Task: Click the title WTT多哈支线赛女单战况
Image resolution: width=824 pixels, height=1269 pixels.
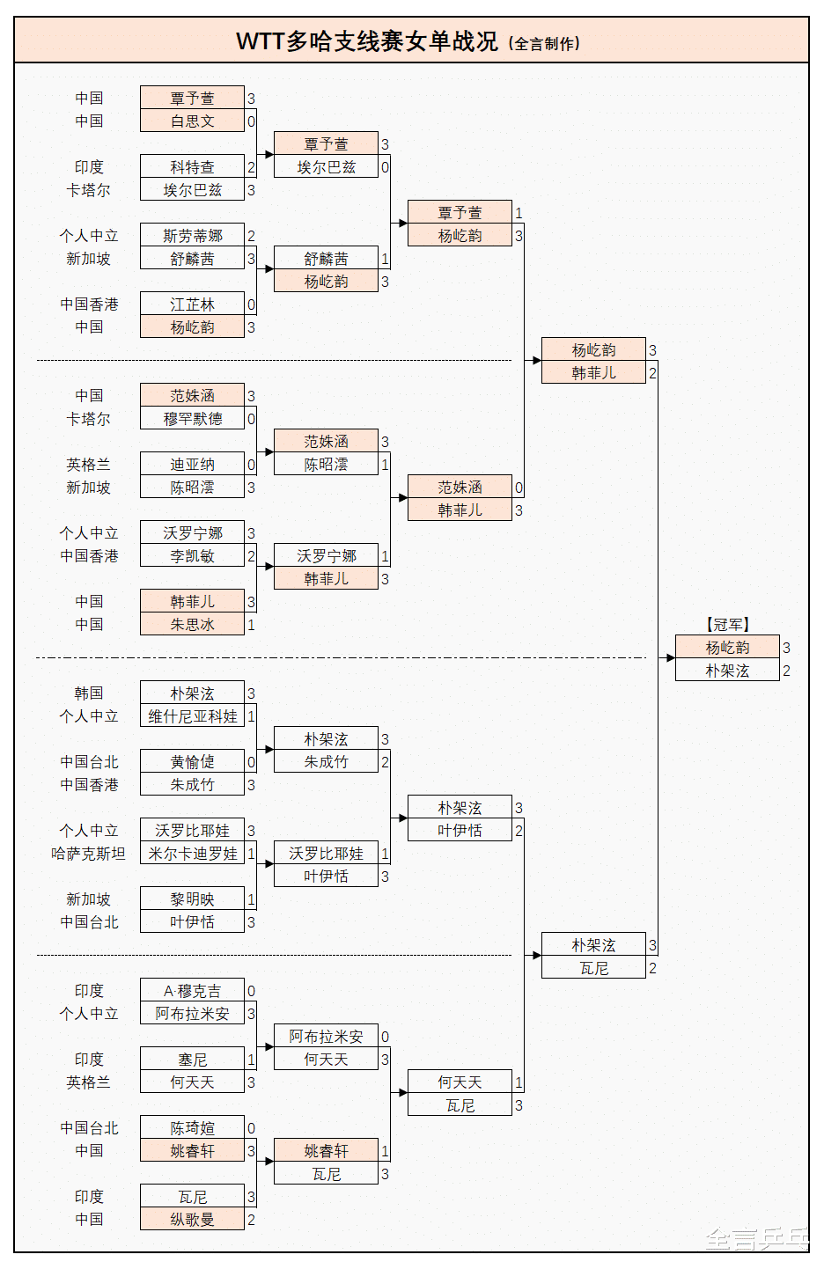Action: pos(367,41)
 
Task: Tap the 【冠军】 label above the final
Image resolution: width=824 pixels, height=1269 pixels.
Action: pos(727,624)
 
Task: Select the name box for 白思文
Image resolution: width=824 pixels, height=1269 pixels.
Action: pos(192,121)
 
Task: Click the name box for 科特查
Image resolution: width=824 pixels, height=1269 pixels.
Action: pos(192,166)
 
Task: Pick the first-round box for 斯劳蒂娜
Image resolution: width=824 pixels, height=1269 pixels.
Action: pos(192,235)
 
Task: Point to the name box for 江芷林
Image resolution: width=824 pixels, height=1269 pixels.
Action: pos(192,304)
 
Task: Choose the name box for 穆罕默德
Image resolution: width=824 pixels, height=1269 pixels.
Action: pos(192,418)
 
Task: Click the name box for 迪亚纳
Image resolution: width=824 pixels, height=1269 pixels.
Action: pos(192,464)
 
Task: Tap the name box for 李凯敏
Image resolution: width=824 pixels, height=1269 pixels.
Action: pos(192,555)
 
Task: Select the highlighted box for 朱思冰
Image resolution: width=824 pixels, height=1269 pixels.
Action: pos(192,624)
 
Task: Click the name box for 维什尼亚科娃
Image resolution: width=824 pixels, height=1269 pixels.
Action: pos(192,715)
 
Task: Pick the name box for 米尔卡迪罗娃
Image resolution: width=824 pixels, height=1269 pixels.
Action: pos(192,853)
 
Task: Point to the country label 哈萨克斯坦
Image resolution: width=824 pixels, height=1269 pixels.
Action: pos(88,853)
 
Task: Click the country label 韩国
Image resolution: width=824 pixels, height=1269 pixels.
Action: pos(88,693)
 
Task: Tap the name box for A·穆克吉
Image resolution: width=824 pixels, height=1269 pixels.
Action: pos(192,990)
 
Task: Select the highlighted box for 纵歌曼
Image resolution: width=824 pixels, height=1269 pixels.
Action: pos(192,1219)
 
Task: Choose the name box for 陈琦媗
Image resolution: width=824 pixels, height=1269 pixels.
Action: pos(192,1127)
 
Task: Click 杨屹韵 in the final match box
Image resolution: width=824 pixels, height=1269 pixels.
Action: pos(727,647)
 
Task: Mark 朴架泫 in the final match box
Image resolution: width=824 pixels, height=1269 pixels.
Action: pos(727,670)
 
